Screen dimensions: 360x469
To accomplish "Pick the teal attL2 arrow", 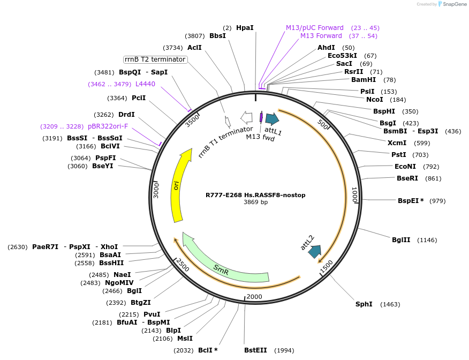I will pyautogui.click(x=315, y=251).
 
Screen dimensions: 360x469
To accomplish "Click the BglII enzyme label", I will pyautogui.click(x=401, y=240).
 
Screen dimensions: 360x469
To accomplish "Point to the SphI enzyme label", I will pyautogui.click(x=364, y=304).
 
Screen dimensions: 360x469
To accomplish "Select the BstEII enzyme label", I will pyautogui.click(x=255, y=350).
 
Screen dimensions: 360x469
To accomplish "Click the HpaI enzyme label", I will pyautogui.click(x=245, y=27).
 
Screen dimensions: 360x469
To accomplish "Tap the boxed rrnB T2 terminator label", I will pyautogui.click(x=155, y=59).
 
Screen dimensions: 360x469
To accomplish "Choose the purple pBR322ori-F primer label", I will pyautogui.click(x=108, y=126).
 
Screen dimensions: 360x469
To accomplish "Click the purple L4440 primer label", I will pyautogui.click(x=145, y=84).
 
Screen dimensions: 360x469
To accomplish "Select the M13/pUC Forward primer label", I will pyautogui.click(x=315, y=27).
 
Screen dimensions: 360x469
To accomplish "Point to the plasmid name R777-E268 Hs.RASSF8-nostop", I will pyautogui.click(x=255, y=195).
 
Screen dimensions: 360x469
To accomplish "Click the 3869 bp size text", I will pyautogui.click(x=255, y=202).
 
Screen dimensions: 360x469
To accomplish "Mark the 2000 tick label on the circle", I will pyautogui.click(x=254, y=297).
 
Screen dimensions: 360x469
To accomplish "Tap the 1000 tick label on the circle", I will pyautogui.click(x=354, y=194).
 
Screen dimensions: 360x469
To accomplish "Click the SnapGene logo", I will pyautogui.click(x=447, y=4).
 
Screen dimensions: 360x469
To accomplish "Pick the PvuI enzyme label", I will pyautogui.click(x=152, y=314).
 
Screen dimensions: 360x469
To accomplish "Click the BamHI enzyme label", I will pyautogui.click(x=364, y=80).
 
